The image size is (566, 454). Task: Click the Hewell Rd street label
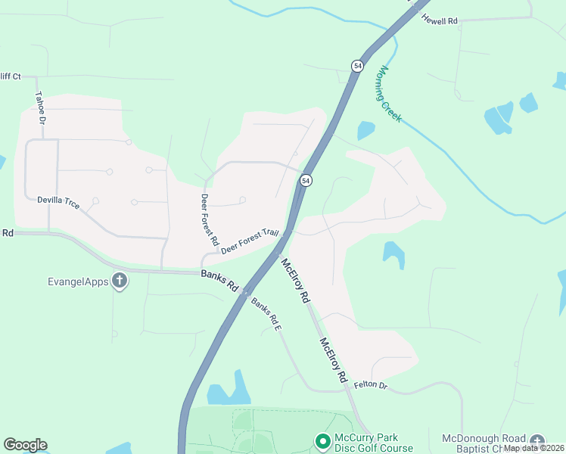[x=440, y=20]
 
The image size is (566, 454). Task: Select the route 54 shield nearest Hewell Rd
[x=357, y=66]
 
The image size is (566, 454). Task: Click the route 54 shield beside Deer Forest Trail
[x=305, y=180]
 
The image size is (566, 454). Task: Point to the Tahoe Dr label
[x=40, y=109]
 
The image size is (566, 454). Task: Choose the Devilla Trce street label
[x=58, y=203]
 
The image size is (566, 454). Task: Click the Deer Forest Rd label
[x=209, y=223]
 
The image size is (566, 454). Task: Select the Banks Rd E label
[x=266, y=315]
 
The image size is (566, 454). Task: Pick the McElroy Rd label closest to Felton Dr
[x=333, y=359]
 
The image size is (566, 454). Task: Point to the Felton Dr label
[x=370, y=386]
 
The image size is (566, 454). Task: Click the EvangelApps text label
[x=79, y=282]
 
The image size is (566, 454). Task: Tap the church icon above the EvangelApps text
[x=119, y=281]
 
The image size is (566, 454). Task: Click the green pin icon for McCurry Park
[x=322, y=440]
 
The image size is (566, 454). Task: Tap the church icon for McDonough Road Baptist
[x=536, y=441]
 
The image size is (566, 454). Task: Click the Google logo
[x=25, y=445]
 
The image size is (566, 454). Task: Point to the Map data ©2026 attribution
[x=534, y=448]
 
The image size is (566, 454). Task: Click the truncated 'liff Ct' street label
[x=10, y=76]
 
